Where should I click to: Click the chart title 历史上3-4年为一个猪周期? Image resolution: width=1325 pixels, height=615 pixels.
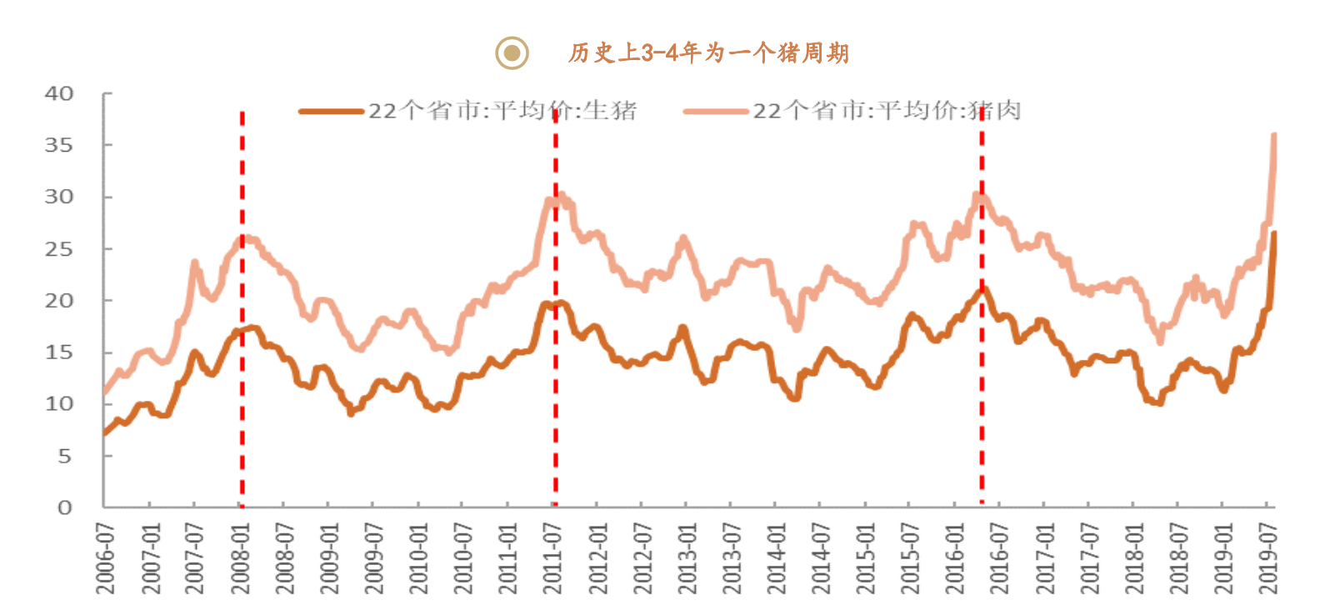(708, 53)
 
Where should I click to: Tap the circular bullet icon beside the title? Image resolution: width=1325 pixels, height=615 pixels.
(512, 53)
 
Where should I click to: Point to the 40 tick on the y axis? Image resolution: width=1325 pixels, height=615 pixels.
(59, 93)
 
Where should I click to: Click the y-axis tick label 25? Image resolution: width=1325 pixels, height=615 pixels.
(59, 249)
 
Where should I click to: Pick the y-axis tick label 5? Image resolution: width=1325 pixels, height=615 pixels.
(64, 456)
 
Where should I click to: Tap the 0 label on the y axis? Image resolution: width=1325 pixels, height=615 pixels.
(65, 507)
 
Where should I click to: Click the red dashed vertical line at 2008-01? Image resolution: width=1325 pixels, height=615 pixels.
(242, 375)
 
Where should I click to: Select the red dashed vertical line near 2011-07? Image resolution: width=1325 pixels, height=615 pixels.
(555, 375)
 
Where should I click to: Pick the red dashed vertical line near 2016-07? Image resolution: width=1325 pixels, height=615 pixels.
(982, 375)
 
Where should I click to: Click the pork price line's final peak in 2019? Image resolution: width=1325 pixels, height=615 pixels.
(1274, 135)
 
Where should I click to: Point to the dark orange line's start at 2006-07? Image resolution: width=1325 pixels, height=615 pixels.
(104, 433)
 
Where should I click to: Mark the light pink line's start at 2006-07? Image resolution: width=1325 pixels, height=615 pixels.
(104, 392)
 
